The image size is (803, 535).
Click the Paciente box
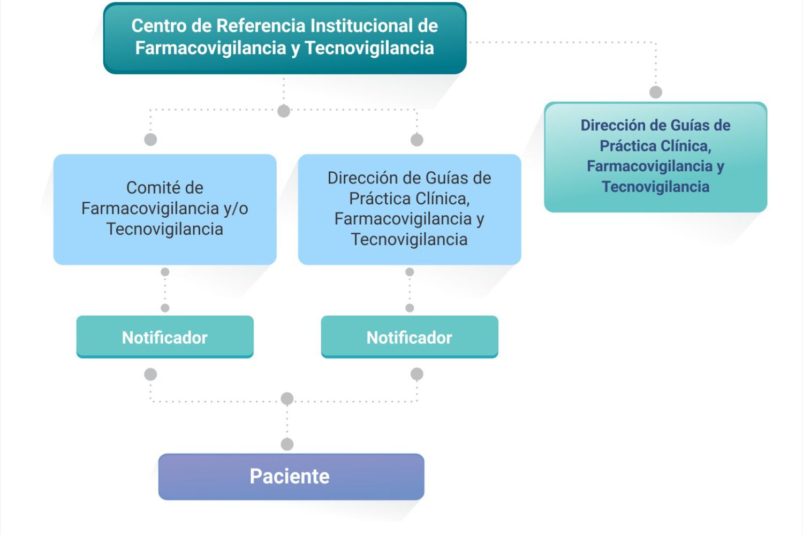(x=291, y=477)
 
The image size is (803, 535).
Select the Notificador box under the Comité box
(x=165, y=337)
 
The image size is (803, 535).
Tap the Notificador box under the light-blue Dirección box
(x=410, y=337)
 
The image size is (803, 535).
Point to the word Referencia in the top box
(x=261, y=26)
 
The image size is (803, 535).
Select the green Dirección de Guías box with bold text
(x=655, y=157)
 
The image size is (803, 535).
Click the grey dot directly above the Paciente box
(x=287, y=445)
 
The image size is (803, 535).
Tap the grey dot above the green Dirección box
(x=656, y=92)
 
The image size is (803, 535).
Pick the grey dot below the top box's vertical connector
(x=284, y=111)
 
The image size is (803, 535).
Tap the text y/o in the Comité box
(x=236, y=209)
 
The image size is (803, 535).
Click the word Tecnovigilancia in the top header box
(x=369, y=48)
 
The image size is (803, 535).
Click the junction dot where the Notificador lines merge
(x=287, y=399)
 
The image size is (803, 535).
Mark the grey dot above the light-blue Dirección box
(x=416, y=140)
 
